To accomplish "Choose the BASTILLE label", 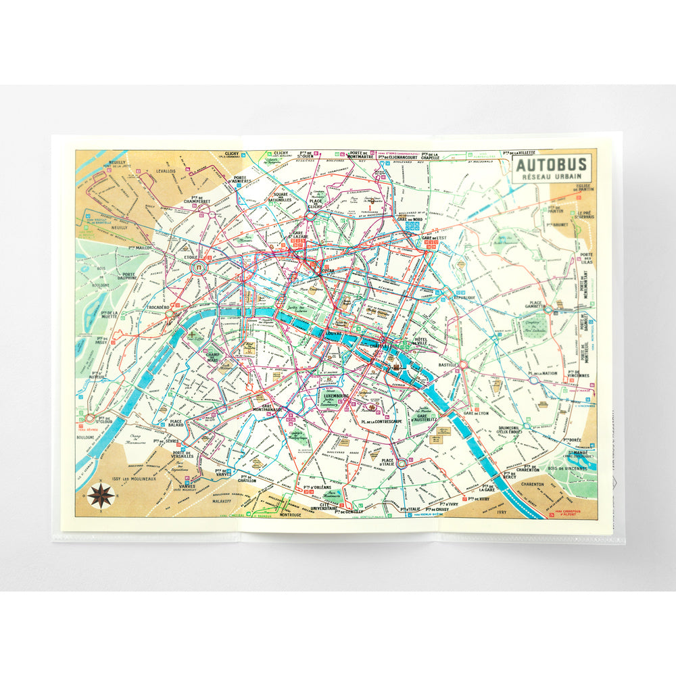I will tap(448, 364).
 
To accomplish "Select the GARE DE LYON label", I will tap(477, 412).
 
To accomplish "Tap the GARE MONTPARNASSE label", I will tap(267, 409).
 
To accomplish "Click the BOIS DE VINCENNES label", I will tap(566, 469).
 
